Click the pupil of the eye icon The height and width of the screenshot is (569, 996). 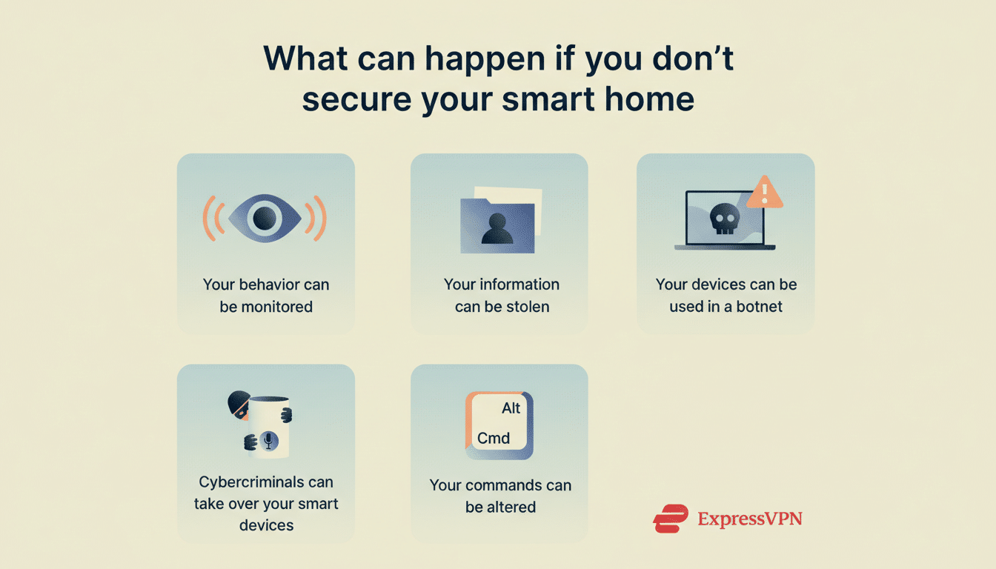point(265,218)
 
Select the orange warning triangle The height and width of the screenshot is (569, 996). point(764,193)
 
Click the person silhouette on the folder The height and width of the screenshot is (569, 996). point(497,230)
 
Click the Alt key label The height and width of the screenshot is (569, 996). point(511,408)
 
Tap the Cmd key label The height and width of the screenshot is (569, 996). point(493,438)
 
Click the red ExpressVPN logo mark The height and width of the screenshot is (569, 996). point(671,518)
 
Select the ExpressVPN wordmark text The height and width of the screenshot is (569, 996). point(749,518)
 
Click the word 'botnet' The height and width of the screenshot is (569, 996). point(758,306)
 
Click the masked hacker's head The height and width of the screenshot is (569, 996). point(239,405)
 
